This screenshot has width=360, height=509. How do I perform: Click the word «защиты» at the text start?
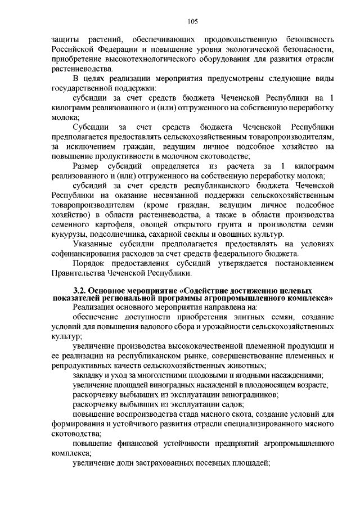[65, 40]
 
